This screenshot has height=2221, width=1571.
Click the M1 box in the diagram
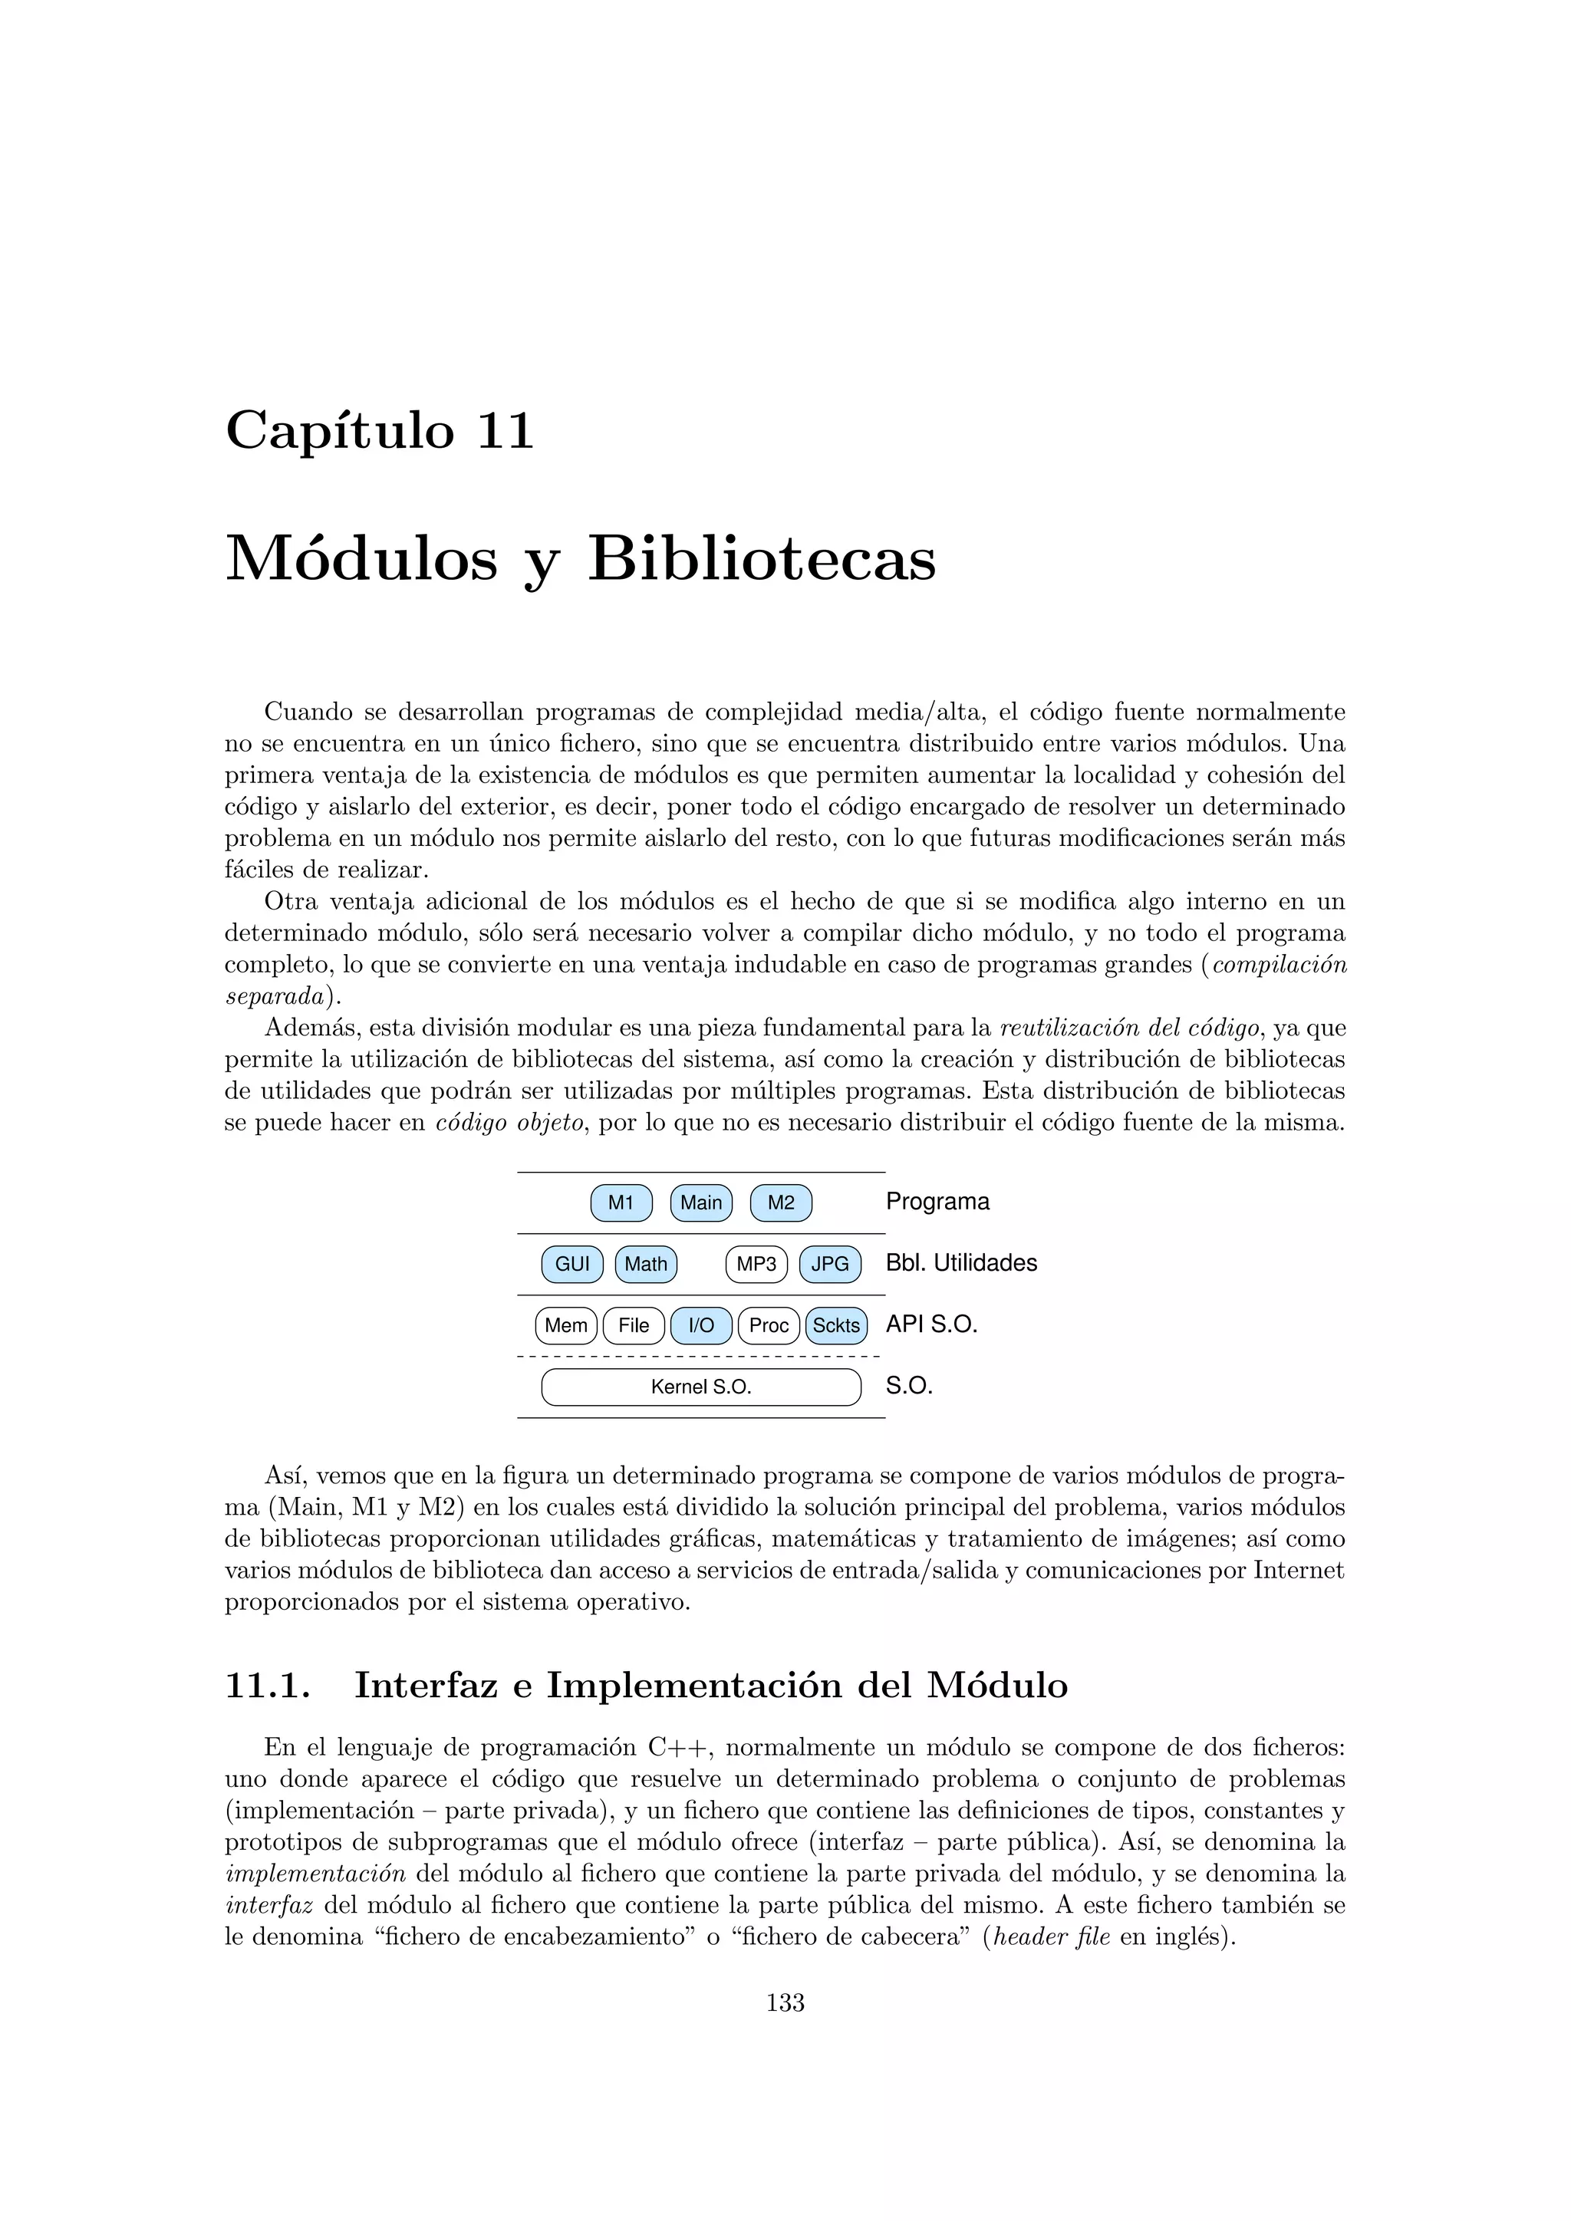coord(621,1203)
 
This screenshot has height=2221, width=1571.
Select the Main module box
coord(701,1203)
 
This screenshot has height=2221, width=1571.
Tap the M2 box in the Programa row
coord(781,1203)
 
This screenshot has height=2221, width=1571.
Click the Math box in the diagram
coord(645,1265)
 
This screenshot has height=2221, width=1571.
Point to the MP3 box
coord(756,1265)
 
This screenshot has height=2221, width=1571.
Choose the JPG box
coord(830,1265)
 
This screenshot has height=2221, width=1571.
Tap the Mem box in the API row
coord(566,1325)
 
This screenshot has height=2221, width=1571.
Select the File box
coord(634,1325)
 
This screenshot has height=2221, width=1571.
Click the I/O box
coord(701,1325)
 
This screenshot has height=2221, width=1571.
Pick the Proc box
coord(769,1325)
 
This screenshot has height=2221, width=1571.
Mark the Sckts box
coord(836,1325)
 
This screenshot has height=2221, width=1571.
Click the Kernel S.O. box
coord(701,1387)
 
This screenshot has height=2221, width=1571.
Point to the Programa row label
coord(937,1203)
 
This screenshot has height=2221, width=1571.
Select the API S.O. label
coord(931,1324)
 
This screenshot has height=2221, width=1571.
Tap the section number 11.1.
coord(267,1686)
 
